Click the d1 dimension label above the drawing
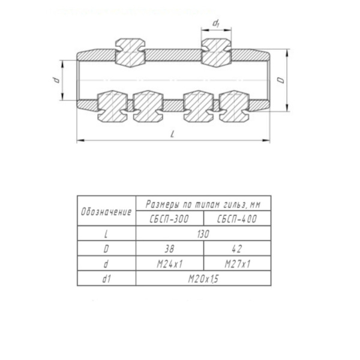coord(215,23)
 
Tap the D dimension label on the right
coord(280,80)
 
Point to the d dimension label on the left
coord(56,80)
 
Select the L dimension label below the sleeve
coord(173,134)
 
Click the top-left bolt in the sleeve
coord(130,53)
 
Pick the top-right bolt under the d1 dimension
coord(216,53)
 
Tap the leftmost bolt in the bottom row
coord(113,106)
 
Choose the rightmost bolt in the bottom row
coord(234,106)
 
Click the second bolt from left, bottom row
coord(148,106)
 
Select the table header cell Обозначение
coord(106,212)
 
